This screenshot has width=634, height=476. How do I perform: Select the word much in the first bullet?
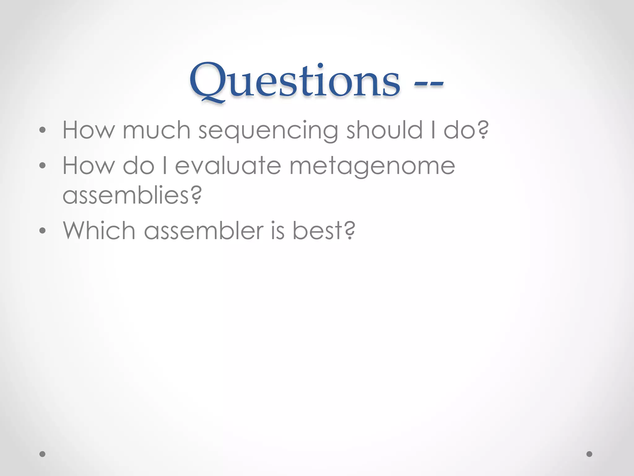click(x=156, y=130)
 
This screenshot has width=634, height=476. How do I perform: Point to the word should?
click(x=384, y=130)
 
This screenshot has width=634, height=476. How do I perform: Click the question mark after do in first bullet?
click(x=482, y=130)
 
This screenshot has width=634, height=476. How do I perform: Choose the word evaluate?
click(x=228, y=165)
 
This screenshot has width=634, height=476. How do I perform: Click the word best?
click(x=318, y=231)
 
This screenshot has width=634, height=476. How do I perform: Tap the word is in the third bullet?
click(x=278, y=231)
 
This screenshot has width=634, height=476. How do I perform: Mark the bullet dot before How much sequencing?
click(x=43, y=130)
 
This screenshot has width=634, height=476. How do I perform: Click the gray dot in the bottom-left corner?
click(x=42, y=454)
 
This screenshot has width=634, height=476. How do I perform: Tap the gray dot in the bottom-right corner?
click(x=589, y=454)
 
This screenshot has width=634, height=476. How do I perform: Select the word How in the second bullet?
click(x=89, y=165)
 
